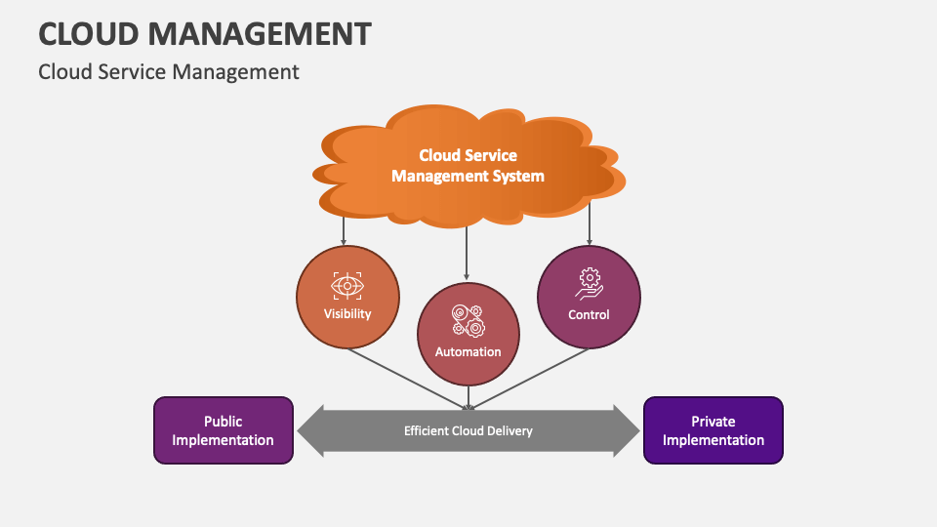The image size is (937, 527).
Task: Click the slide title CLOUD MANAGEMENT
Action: pos(204,33)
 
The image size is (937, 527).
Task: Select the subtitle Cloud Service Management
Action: pos(168,71)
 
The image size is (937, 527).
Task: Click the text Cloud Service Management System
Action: pos(468,166)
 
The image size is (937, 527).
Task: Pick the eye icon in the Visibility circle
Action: pos(347,285)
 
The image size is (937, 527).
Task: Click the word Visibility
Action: pos(347,314)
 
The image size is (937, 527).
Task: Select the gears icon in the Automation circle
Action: pos(468,321)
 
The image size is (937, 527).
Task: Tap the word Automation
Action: pos(468,351)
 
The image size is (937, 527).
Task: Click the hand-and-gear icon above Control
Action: pos(589,283)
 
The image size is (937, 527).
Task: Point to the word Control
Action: pos(589,314)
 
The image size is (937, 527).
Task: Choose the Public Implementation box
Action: pos(224,430)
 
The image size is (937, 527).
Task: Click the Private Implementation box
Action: pos(713,430)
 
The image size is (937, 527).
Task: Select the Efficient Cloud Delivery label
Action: pos(468,430)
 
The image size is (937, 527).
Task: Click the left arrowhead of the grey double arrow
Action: pos(310,430)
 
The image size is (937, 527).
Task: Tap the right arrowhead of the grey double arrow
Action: pos(627,430)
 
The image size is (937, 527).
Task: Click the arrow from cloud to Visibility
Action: pos(344,230)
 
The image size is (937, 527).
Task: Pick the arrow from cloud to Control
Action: pos(589,229)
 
